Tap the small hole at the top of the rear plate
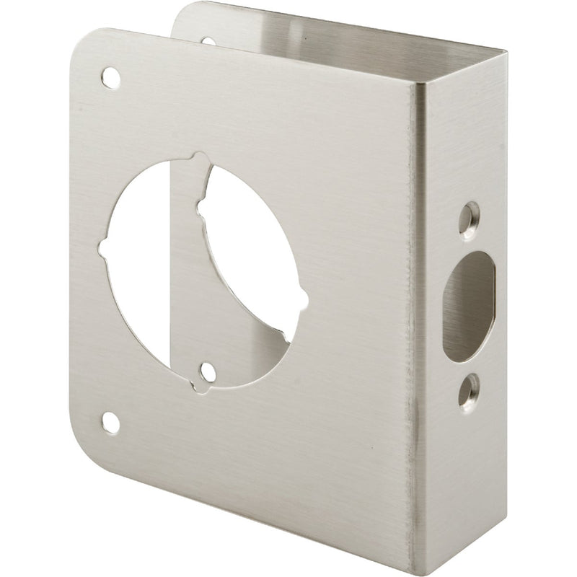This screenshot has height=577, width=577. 208,42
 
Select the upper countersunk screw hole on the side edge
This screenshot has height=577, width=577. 471,214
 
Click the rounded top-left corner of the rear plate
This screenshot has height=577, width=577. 180,14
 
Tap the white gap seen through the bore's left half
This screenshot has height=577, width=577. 144,274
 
